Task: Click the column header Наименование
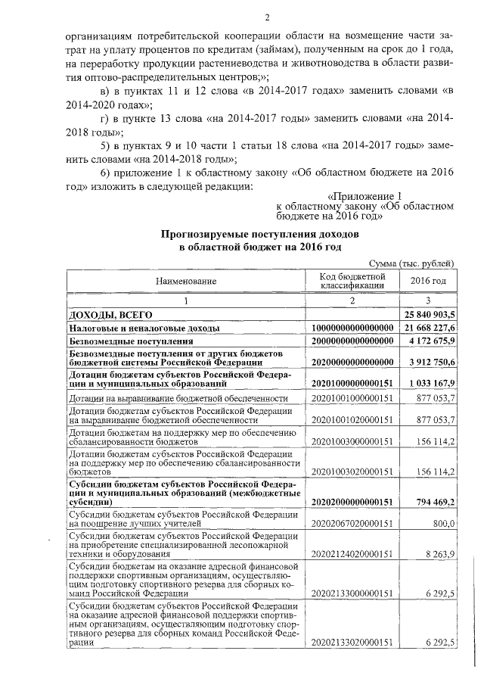186,282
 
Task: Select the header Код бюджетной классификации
353,282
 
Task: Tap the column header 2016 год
428,282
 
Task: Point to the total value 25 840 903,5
428,314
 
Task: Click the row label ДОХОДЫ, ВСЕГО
111,314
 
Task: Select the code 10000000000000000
353,328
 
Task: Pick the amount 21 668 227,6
428,328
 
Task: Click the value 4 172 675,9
429,342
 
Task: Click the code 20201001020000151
353,419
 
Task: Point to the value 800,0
442,523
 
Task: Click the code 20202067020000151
353,523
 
